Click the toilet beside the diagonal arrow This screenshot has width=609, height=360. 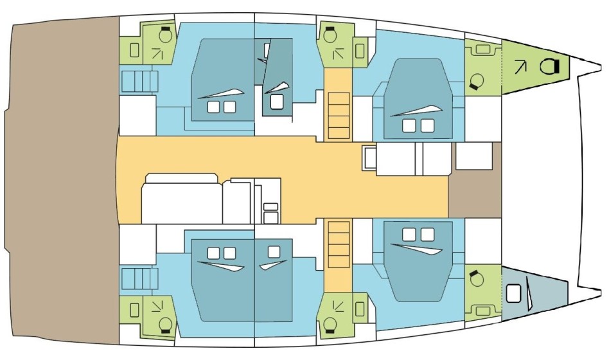point(550,65)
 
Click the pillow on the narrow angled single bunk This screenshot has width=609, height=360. point(276,102)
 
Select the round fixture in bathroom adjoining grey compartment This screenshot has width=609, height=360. point(476,279)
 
